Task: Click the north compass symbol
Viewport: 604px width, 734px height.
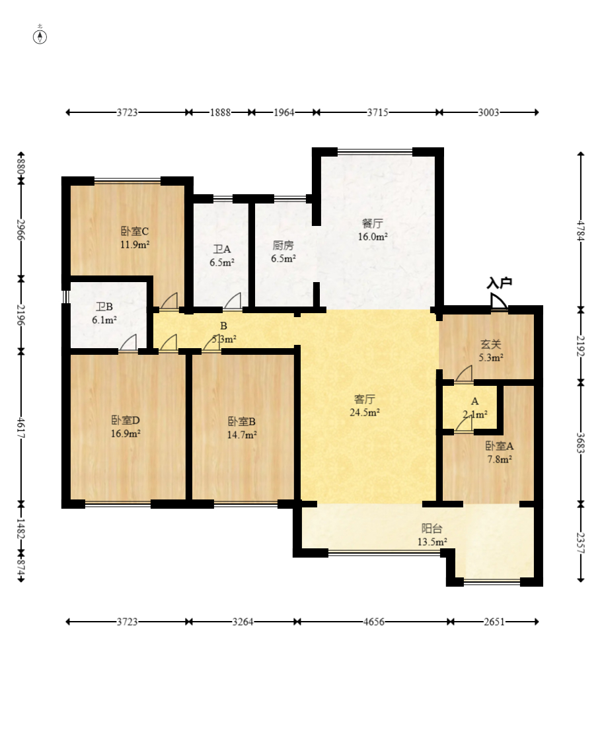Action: pyautogui.click(x=40, y=36)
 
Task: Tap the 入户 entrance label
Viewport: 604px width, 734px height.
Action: pyautogui.click(x=499, y=283)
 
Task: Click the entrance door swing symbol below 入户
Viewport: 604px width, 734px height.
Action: pyautogui.click(x=498, y=301)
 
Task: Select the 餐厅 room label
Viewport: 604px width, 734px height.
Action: pyautogui.click(x=372, y=223)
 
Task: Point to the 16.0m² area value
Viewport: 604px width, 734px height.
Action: pyautogui.click(x=373, y=237)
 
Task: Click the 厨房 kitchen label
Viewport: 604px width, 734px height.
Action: pyautogui.click(x=283, y=245)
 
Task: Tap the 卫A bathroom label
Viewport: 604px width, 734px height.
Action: pyautogui.click(x=221, y=250)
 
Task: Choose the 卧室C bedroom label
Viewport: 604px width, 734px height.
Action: pyautogui.click(x=135, y=231)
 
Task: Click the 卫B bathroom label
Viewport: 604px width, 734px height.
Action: pyautogui.click(x=104, y=307)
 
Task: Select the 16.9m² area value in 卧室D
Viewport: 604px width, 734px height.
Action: pyautogui.click(x=126, y=433)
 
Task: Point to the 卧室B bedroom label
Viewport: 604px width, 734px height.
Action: pyautogui.click(x=242, y=422)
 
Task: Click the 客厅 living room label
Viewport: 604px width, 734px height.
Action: pyautogui.click(x=364, y=399)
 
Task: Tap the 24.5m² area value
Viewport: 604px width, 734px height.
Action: pyautogui.click(x=365, y=412)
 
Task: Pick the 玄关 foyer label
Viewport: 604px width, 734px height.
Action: pyautogui.click(x=491, y=344)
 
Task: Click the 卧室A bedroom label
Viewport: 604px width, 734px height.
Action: pyautogui.click(x=499, y=446)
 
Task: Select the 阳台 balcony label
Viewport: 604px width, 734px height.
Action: pyautogui.click(x=432, y=529)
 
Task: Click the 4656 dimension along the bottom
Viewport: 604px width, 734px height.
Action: pyautogui.click(x=373, y=622)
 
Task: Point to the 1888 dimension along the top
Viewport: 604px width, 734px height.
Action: pyautogui.click(x=220, y=112)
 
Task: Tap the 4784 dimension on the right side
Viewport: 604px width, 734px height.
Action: pyautogui.click(x=581, y=231)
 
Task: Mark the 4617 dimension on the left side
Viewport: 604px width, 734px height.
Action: pyautogui.click(x=20, y=427)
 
